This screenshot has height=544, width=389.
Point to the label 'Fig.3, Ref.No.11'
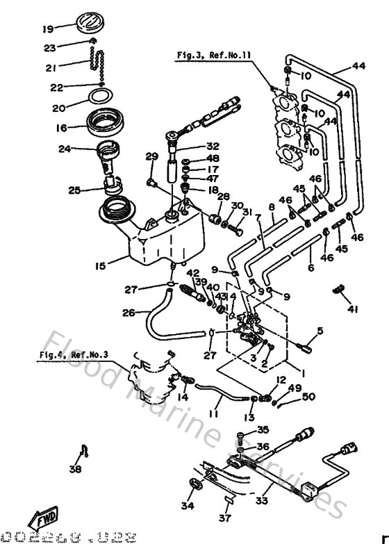[x=204, y=53]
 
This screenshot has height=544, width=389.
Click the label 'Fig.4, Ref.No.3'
[x=73, y=354]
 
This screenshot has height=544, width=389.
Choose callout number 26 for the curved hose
[x=128, y=313]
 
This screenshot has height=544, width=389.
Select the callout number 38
[x=75, y=469]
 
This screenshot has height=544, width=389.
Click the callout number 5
[x=320, y=331]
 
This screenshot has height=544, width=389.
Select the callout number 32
[x=213, y=146]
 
